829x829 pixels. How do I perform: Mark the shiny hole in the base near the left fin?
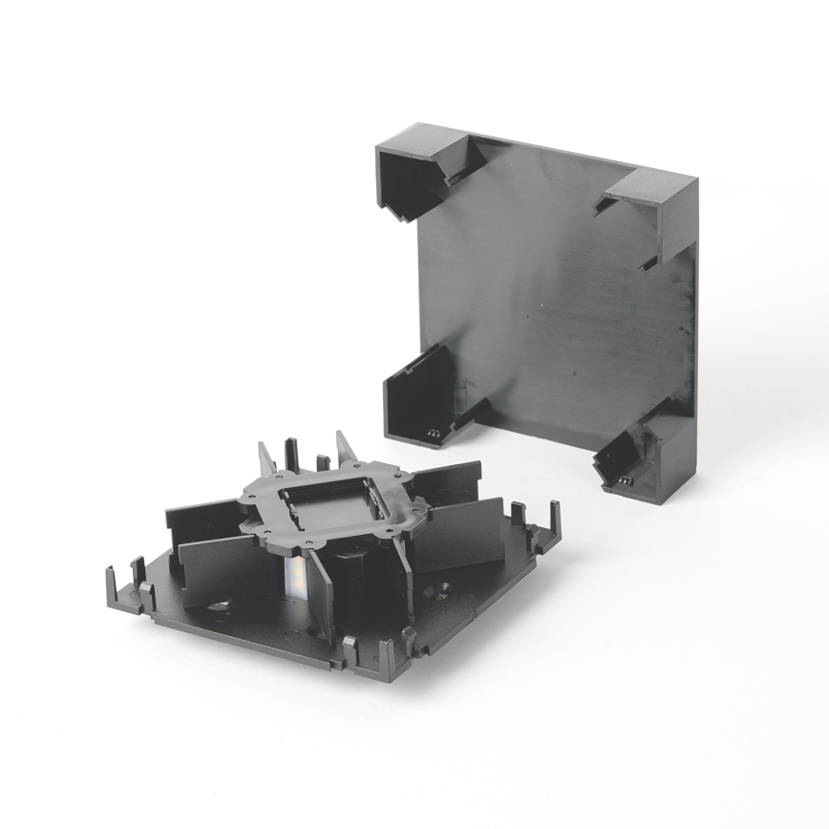(x=221, y=605)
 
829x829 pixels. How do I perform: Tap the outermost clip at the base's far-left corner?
(x=112, y=582)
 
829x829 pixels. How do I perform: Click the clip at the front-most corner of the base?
(x=386, y=658)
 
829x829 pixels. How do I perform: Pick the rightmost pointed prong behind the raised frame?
(x=344, y=448)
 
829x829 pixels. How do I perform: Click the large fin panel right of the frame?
(x=459, y=534)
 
